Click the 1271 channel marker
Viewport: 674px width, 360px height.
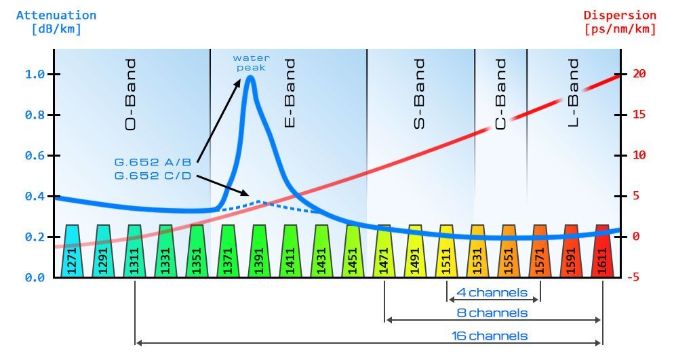[x=72, y=252]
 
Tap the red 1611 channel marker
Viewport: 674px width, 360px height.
[x=602, y=252]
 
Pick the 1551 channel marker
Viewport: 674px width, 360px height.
[x=509, y=252]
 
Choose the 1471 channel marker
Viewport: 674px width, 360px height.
[x=384, y=252]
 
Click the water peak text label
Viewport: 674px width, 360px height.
[x=250, y=62]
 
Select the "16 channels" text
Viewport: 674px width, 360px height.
[x=490, y=336]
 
